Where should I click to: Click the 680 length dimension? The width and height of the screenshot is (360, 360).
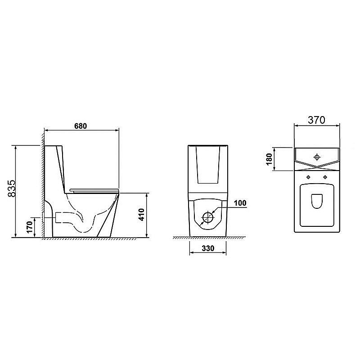tap(81, 126)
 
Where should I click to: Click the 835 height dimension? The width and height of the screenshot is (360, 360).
tap(12, 188)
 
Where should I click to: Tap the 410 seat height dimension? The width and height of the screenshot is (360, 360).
tap(142, 215)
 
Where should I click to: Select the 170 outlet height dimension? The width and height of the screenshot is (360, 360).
tap(30, 227)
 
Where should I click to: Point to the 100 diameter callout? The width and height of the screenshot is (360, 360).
tap(240, 203)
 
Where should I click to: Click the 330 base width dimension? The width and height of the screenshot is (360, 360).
tap(208, 248)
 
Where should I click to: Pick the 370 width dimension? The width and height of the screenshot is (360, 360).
tap(317, 120)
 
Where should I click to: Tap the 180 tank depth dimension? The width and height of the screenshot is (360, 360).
tap(269, 159)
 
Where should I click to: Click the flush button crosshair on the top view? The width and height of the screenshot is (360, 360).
tap(317, 157)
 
